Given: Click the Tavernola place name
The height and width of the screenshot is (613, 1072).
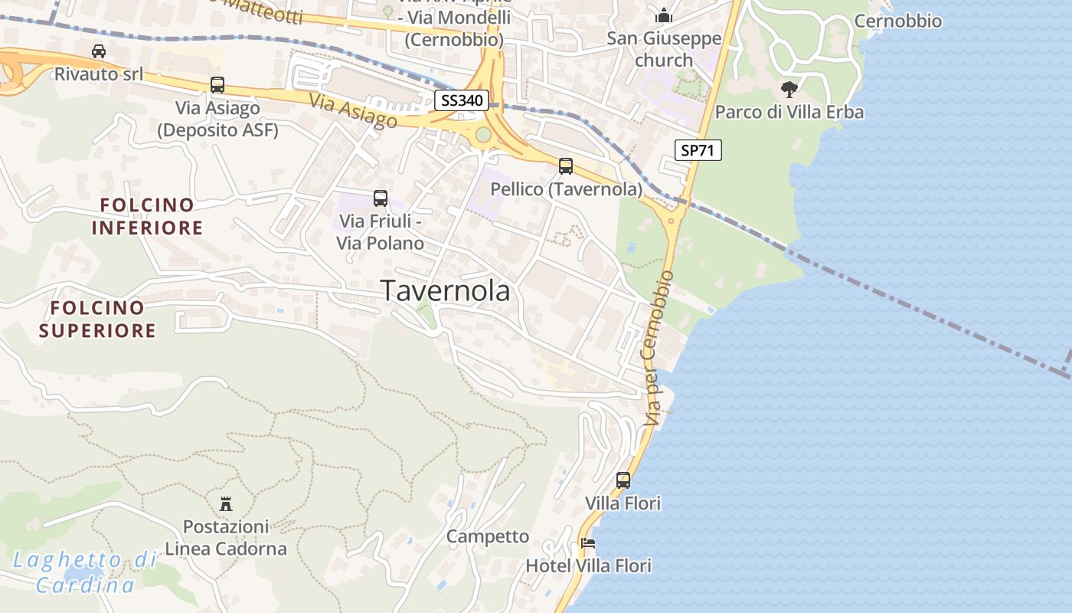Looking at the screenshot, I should (445, 291).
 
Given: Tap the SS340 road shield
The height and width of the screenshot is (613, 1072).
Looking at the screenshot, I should (461, 100).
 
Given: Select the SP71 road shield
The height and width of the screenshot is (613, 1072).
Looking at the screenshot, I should (698, 150).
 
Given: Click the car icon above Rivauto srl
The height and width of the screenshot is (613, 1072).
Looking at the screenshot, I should (99, 51).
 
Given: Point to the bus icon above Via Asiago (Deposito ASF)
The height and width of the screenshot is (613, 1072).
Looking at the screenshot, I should (217, 85).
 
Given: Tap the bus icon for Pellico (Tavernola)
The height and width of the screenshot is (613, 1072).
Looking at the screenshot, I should (566, 166).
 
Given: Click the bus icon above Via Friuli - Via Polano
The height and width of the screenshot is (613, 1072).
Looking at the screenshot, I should (381, 198).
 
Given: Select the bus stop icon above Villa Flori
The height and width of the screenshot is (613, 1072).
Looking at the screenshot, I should (623, 480).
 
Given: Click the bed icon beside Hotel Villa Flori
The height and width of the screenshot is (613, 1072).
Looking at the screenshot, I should (588, 543).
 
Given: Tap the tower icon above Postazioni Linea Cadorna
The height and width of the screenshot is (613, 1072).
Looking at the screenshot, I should (226, 503).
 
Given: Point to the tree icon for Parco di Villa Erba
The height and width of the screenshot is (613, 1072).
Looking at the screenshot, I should (789, 89).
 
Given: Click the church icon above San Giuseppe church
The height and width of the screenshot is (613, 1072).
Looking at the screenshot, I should (663, 15).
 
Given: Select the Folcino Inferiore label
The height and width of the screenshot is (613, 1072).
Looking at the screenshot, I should (147, 217).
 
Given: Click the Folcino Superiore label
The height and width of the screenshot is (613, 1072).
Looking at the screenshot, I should (97, 320).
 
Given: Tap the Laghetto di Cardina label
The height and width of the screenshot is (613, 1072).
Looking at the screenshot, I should (85, 572).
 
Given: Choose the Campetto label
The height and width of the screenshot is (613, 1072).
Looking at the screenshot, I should (488, 536).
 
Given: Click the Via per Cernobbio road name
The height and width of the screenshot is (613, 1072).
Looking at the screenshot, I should (659, 348).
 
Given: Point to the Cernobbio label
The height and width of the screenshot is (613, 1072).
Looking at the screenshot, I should (897, 21).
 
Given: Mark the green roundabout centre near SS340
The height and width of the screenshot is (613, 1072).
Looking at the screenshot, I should (483, 136).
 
